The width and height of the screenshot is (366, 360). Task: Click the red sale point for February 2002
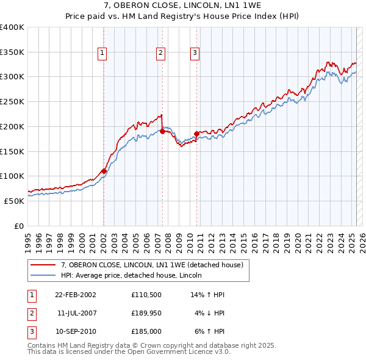pyautogui.click(x=104, y=171)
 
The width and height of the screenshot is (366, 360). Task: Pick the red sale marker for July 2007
pyautogui.click(x=163, y=131)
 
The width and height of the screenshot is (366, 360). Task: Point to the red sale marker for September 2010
pyautogui.click(x=196, y=133)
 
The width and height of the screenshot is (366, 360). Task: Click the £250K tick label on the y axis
pyautogui.click(x=12, y=101)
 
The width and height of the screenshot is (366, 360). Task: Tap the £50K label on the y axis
pyautogui.click(x=14, y=201)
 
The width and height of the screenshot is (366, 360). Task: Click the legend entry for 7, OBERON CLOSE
pyautogui.click(x=152, y=265)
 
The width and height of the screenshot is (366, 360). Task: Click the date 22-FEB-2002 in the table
pyautogui.click(x=75, y=295)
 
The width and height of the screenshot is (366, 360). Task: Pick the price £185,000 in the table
pyautogui.click(x=145, y=331)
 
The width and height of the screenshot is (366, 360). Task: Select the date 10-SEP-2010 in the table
pyautogui.click(x=75, y=331)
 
